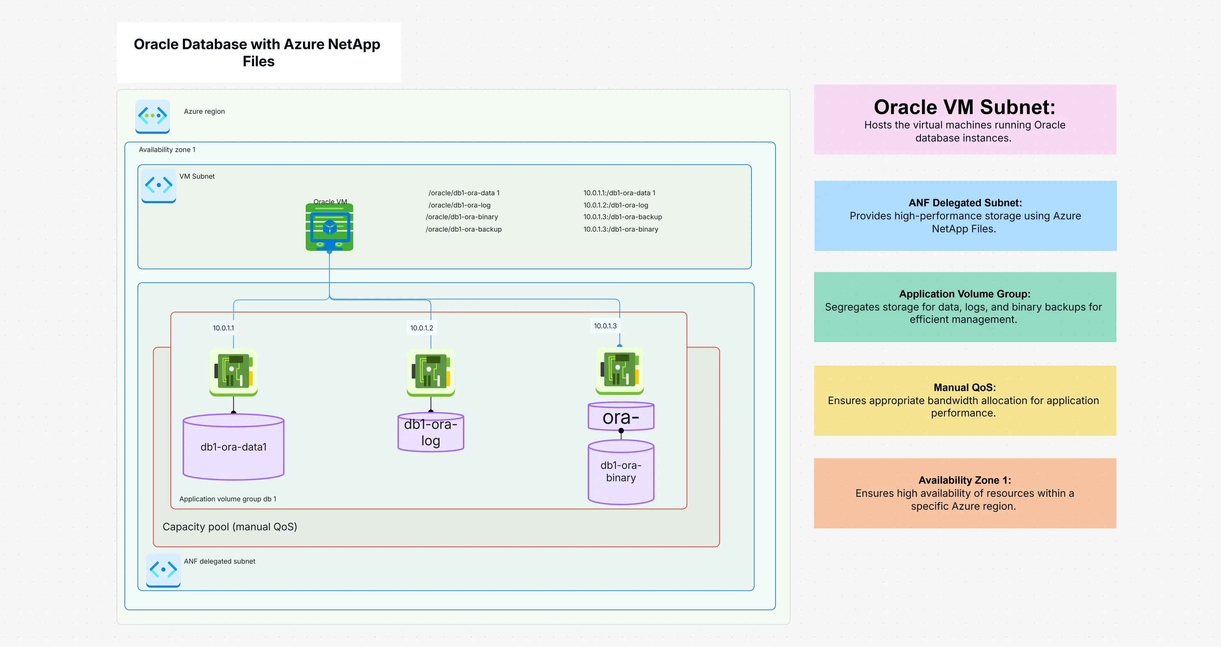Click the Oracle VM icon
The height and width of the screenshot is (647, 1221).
coord(329,227)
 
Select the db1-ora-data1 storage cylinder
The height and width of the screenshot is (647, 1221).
coord(233,447)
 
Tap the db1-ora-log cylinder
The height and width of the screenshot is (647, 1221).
coord(430,432)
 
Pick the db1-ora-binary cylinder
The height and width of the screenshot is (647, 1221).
coord(620,472)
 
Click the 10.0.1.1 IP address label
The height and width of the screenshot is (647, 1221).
coord(223,328)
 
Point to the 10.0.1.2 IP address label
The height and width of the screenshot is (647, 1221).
coord(421,328)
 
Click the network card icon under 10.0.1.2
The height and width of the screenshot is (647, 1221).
coord(430,372)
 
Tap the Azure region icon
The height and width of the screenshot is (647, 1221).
coord(152,116)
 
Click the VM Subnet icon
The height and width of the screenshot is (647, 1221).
coord(159,185)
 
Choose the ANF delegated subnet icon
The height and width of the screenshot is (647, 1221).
coord(163,570)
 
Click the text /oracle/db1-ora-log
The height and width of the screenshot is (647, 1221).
coord(459,205)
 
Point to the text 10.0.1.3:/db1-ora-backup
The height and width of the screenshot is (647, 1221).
coord(622,217)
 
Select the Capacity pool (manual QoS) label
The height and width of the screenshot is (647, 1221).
coord(230,527)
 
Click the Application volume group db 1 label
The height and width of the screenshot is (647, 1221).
coord(227,499)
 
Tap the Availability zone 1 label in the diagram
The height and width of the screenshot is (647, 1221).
coord(167,150)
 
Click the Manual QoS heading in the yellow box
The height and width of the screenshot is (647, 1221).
coord(964,388)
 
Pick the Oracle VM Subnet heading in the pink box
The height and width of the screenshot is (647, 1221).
coord(964,108)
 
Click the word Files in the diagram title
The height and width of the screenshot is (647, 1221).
coord(258,61)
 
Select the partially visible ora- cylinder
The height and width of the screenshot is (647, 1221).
coord(620,417)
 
